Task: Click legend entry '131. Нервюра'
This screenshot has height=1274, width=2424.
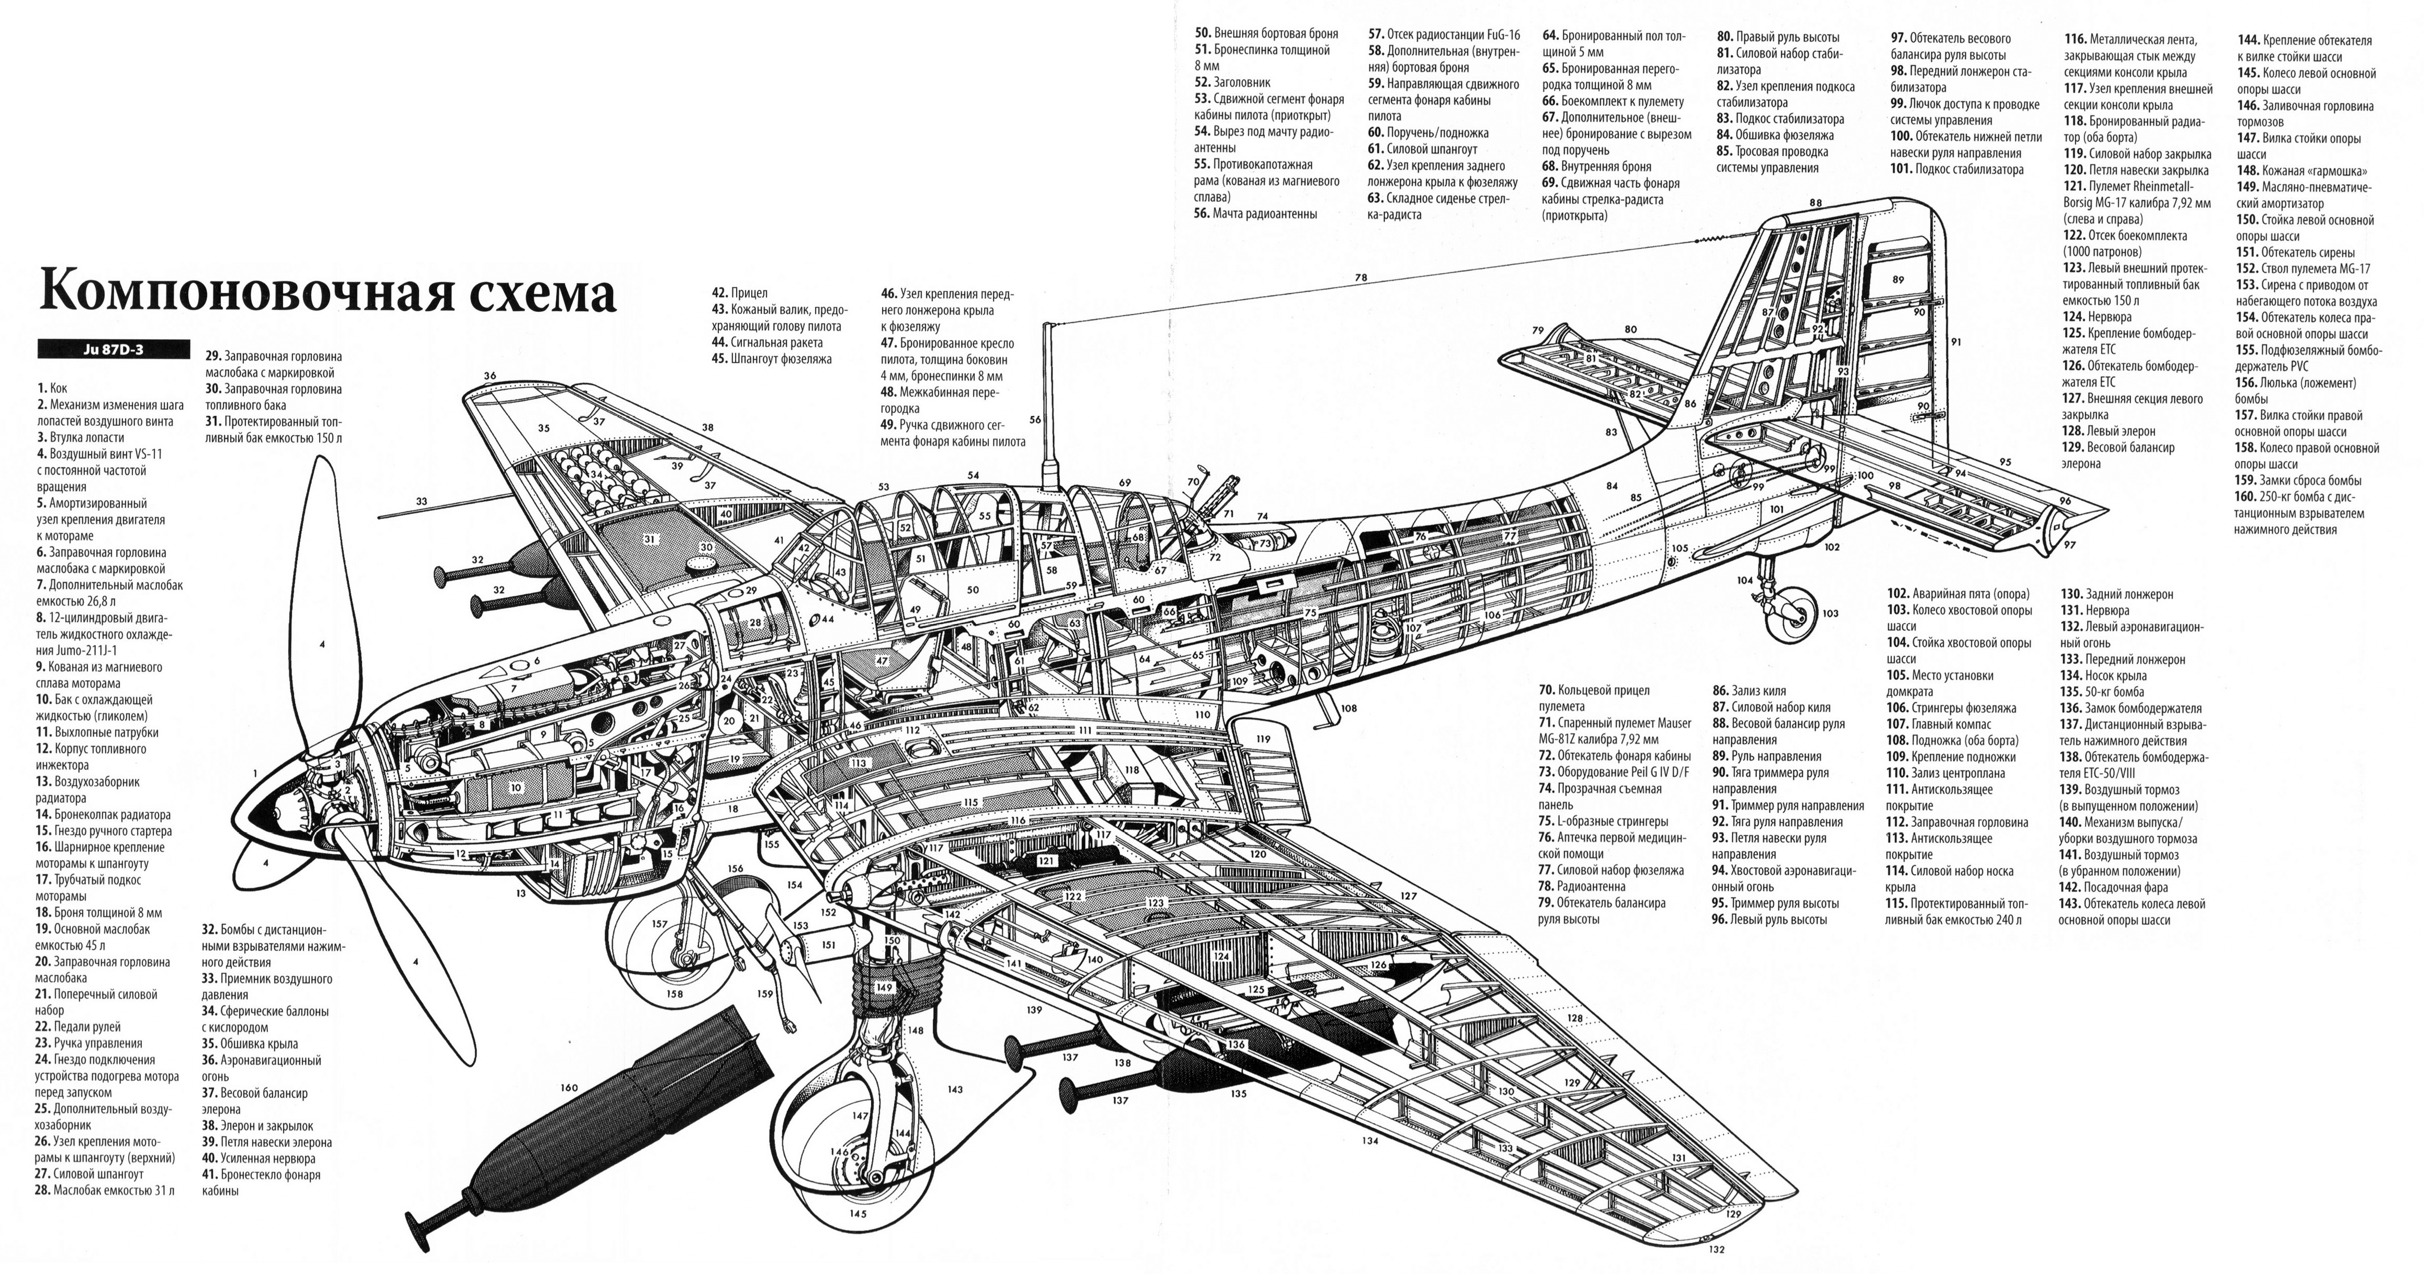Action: pos(2093,610)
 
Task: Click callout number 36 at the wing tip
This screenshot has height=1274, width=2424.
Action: pos(489,375)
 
